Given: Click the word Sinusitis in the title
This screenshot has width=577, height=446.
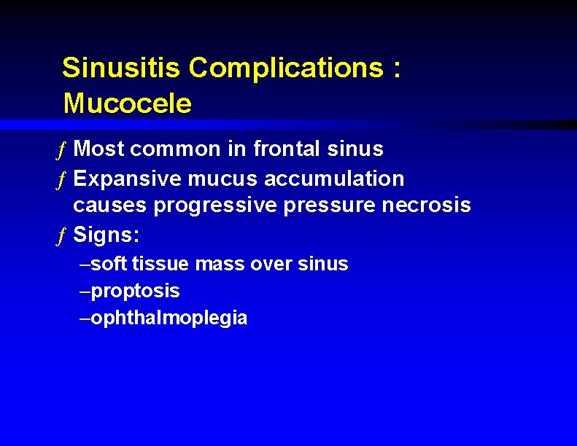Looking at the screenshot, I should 121,68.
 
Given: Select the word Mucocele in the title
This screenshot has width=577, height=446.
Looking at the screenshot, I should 127,103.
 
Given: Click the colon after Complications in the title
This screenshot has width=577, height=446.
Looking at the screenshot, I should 396,69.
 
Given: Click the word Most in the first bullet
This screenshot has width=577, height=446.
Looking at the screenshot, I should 99,149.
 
